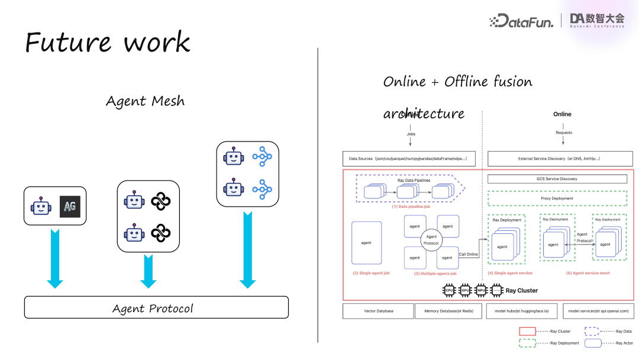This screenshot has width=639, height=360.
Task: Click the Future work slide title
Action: [x=108, y=42]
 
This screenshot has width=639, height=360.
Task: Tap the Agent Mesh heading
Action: [x=145, y=101]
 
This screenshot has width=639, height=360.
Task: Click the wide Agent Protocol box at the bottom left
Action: [x=156, y=307]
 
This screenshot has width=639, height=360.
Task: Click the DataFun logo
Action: [x=521, y=21]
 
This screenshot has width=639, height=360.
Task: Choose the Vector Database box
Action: [x=379, y=310]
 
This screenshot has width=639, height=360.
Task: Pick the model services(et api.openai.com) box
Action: [x=598, y=310]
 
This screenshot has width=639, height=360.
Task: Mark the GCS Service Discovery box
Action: [x=557, y=179]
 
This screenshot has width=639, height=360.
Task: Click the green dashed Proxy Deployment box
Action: [x=557, y=198]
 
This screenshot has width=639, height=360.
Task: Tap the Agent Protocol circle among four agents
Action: [x=431, y=240]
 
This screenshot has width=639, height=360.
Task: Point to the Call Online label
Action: [x=469, y=255]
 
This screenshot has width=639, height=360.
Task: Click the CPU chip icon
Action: [x=450, y=290]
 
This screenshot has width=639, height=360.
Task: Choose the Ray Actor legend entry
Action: [x=624, y=343]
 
